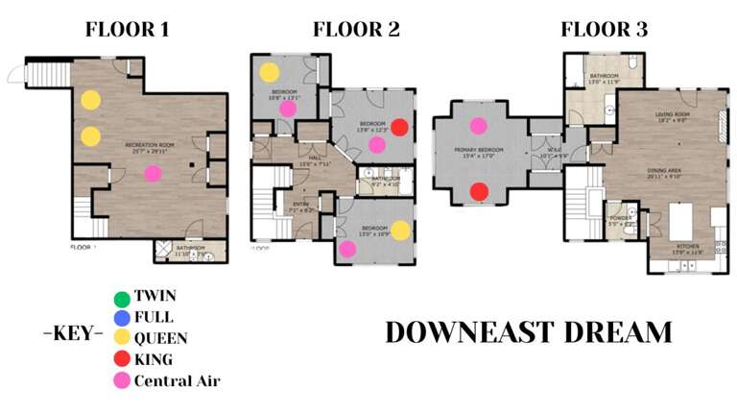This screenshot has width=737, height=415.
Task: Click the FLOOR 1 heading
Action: (x=128, y=29)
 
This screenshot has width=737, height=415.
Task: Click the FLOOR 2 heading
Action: (x=356, y=29)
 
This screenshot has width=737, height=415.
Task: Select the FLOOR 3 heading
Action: (x=604, y=29)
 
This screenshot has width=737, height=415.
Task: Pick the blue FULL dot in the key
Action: (x=121, y=318)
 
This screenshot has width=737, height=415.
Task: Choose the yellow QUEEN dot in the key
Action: (x=121, y=339)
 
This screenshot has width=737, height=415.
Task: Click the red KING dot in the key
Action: (x=121, y=360)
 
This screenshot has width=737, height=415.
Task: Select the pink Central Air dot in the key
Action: (x=121, y=381)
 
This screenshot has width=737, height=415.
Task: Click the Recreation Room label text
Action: (x=147, y=145)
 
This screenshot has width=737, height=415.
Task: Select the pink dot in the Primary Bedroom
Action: (x=478, y=125)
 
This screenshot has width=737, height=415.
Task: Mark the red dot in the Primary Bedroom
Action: (x=478, y=192)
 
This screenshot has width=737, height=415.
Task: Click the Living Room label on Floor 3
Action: (x=672, y=115)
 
